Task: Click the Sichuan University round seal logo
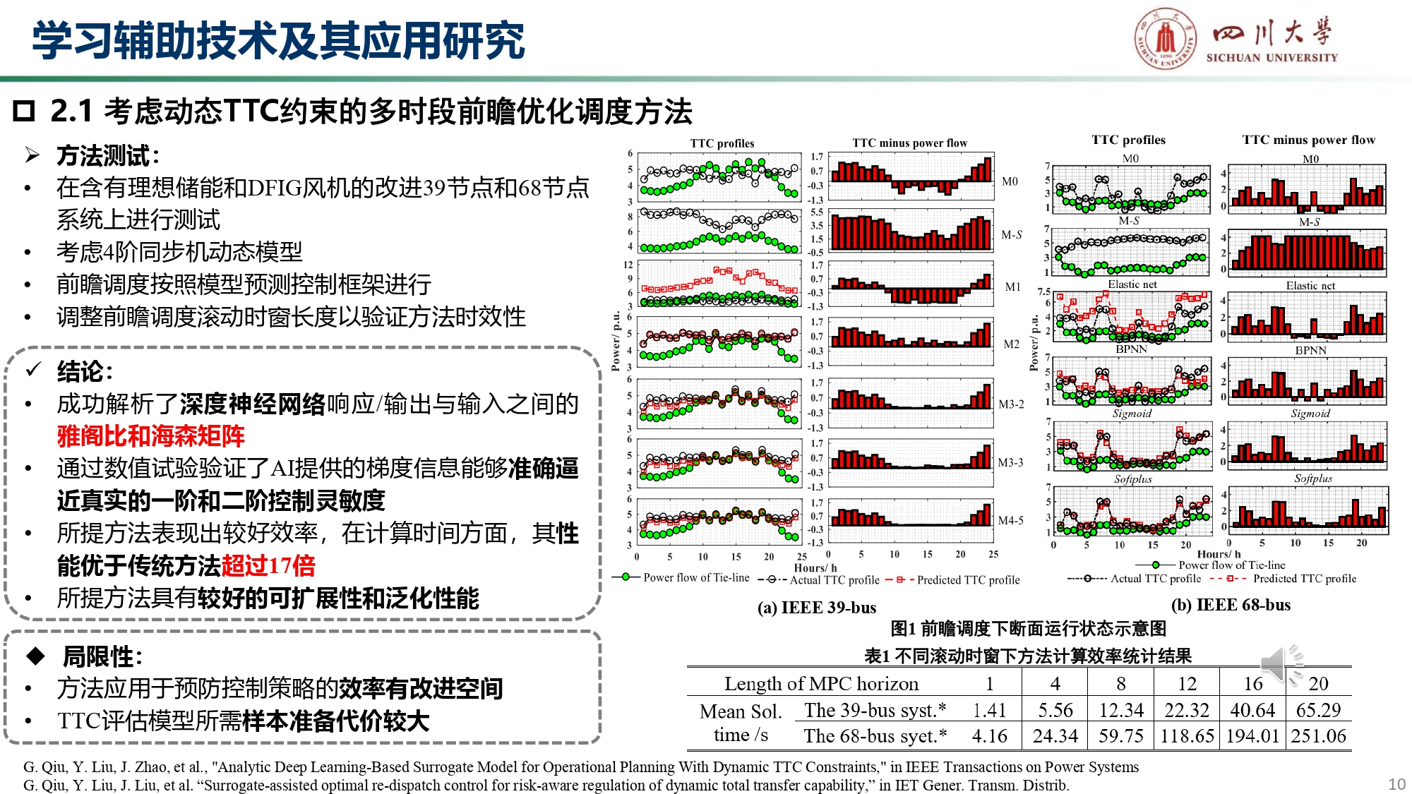pyautogui.click(x=1166, y=39)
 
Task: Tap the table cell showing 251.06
pyautogui.click(x=1318, y=736)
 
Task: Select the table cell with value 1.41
pyautogui.click(x=989, y=710)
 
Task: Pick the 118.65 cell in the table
pyautogui.click(x=1187, y=736)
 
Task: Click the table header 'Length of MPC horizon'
pyautogui.click(x=821, y=684)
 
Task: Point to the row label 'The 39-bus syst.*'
pyautogui.click(x=875, y=710)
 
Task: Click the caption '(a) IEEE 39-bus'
pyautogui.click(x=816, y=608)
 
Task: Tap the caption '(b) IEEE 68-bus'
pyautogui.click(x=1231, y=605)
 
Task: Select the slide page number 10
pyautogui.click(x=1396, y=784)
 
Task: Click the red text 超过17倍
pyautogui.click(x=268, y=565)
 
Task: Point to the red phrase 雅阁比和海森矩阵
pyautogui.click(x=151, y=436)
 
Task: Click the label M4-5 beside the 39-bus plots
pyautogui.click(x=1010, y=520)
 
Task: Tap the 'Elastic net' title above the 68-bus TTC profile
pyautogui.click(x=1132, y=284)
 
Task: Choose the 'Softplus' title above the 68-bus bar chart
pyautogui.click(x=1312, y=479)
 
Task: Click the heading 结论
pyautogui.click(x=84, y=371)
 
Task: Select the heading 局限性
pyautogui.click(x=102, y=656)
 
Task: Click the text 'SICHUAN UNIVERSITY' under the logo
pyautogui.click(x=1272, y=58)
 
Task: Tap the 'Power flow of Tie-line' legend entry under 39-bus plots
pyautogui.click(x=695, y=577)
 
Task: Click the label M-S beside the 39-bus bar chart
pyautogui.click(x=1011, y=234)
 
